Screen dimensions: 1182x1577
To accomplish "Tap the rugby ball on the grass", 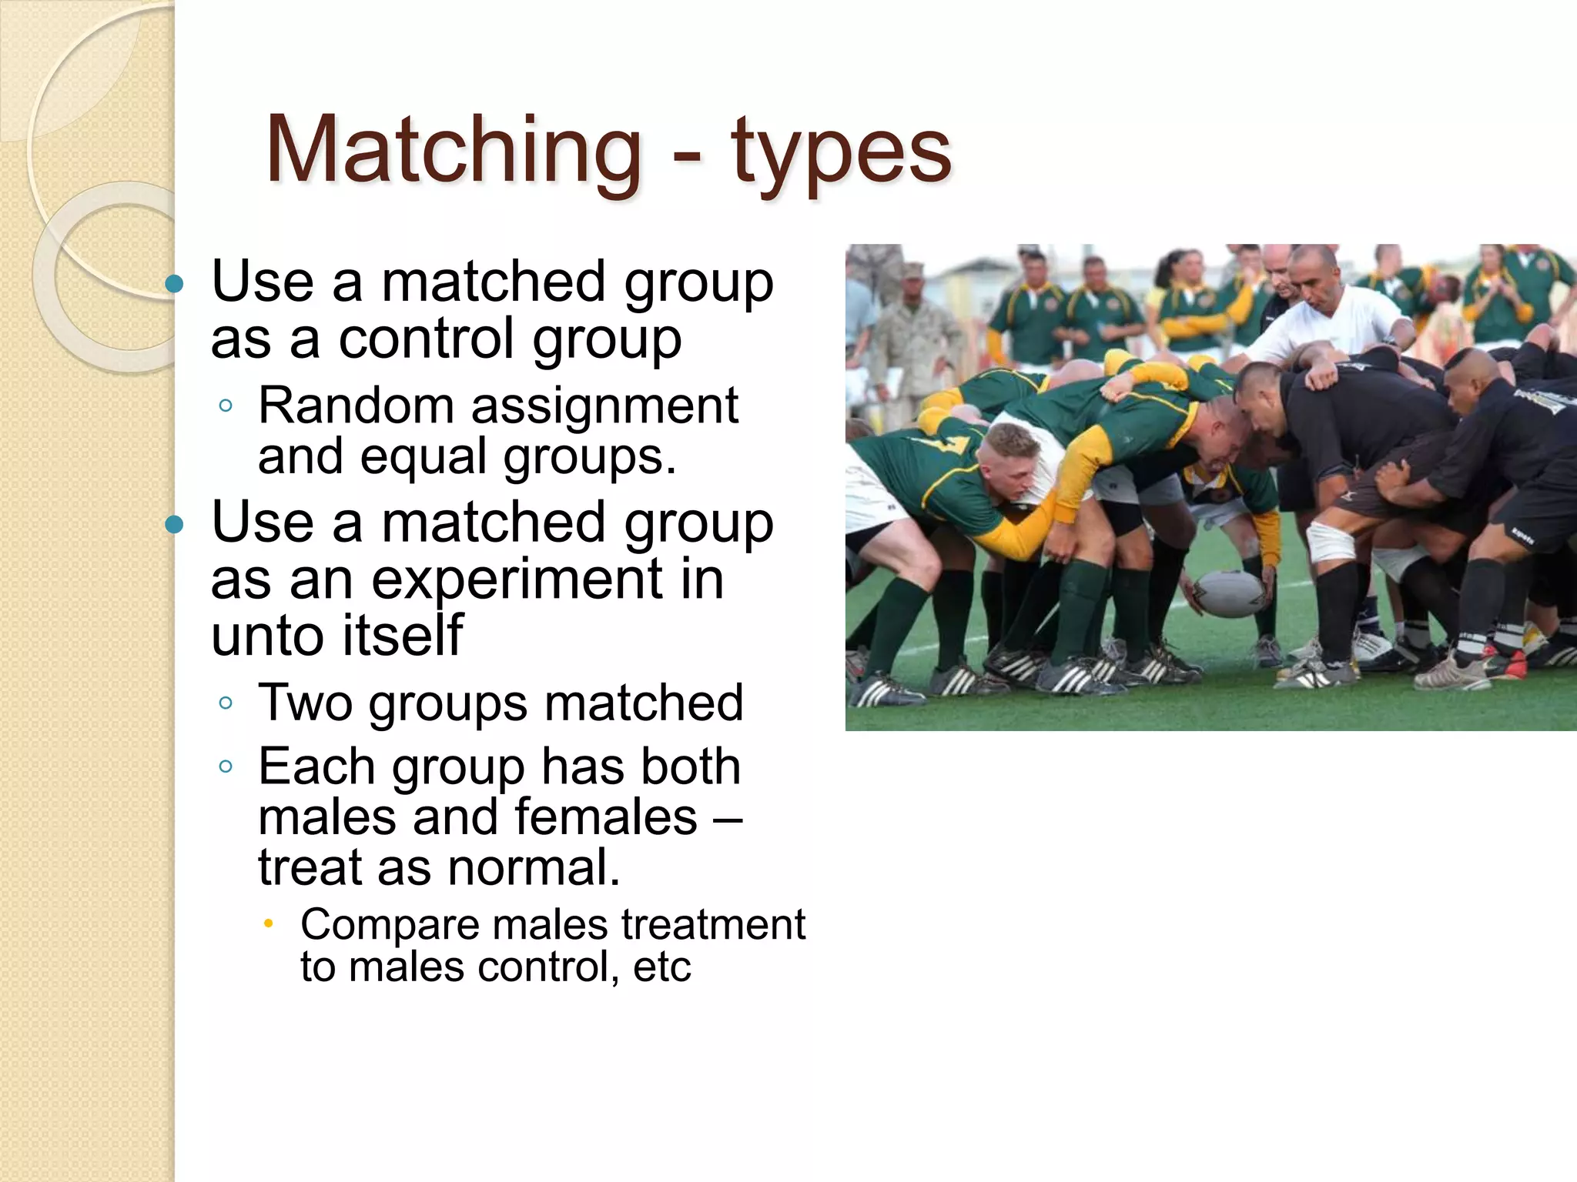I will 1230,593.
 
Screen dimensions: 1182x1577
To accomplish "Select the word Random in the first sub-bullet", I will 356,406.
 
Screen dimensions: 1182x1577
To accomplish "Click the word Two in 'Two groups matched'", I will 305,703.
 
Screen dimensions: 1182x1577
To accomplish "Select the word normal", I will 534,867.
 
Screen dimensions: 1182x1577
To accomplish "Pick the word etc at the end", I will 661,967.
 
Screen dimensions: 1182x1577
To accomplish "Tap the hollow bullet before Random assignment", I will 226,406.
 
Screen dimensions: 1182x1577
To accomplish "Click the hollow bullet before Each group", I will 226,766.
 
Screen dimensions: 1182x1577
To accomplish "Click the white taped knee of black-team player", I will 1331,541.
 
